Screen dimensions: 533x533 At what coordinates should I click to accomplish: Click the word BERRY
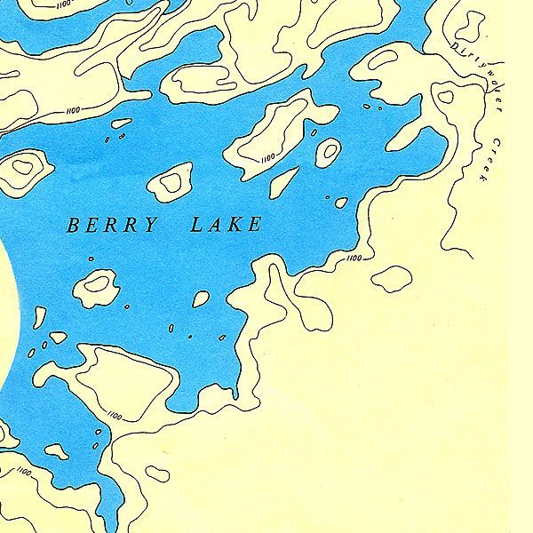click(x=112, y=225)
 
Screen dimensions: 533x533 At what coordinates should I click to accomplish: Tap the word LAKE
click(x=227, y=224)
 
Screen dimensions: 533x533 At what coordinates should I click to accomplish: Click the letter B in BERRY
click(x=73, y=226)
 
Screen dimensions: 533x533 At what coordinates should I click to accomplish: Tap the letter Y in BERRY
click(x=151, y=225)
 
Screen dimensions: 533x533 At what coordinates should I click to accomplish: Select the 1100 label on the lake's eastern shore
click(x=354, y=258)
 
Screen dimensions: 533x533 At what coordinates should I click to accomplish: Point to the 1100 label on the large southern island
click(x=114, y=415)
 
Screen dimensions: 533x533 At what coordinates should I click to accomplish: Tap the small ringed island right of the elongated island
click(x=329, y=149)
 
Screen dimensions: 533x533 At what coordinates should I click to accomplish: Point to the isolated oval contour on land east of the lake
click(x=391, y=277)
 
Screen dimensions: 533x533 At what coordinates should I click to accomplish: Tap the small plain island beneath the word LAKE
click(x=202, y=299)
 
